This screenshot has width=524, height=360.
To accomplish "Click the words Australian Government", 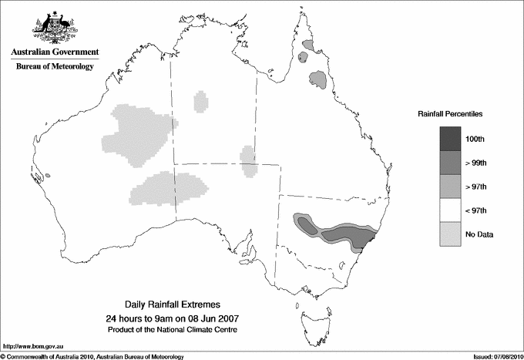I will [x=54, y=52].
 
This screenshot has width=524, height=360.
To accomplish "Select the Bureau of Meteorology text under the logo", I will [x=55, y=67].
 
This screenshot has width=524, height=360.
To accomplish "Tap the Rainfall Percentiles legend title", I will [x=450, y=113].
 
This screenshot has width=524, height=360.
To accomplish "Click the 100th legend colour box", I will [x=450, y=139].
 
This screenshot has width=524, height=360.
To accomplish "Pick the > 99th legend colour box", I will [x=450, y=163].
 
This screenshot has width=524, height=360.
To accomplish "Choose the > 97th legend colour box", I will [x=450, y=187].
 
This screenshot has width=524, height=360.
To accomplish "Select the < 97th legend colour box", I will [x=450, y=210].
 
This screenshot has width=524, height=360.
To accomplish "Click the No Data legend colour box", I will [x=450, y=234].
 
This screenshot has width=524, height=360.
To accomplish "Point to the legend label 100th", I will [x=475, y=139].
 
